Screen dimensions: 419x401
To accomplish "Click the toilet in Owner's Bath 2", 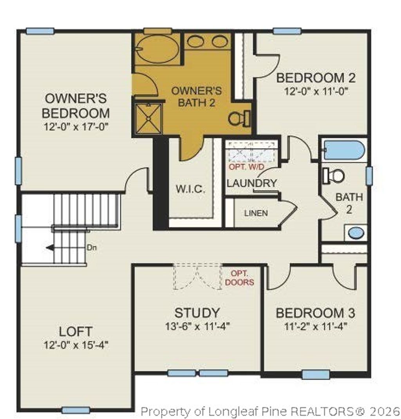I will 239,118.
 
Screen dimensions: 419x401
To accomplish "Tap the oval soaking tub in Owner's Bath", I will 158,49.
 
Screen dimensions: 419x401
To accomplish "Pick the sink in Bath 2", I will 356,233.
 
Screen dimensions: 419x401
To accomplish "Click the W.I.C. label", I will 190,190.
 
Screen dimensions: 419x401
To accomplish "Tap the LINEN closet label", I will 256,213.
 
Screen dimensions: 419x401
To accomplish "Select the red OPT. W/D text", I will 246,167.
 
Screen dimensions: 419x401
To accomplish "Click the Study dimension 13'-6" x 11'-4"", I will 197,326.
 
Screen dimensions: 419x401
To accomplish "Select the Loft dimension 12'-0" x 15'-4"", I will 76,345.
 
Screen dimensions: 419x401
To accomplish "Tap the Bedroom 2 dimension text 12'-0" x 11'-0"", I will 316,91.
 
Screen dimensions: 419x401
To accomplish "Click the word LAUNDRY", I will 252,183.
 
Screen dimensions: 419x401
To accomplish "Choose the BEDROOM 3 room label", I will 316,313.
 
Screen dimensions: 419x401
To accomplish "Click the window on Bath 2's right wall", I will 369,175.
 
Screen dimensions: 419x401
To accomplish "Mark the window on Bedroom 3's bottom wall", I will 316,375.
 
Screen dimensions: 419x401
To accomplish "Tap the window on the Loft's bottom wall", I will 76,410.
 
